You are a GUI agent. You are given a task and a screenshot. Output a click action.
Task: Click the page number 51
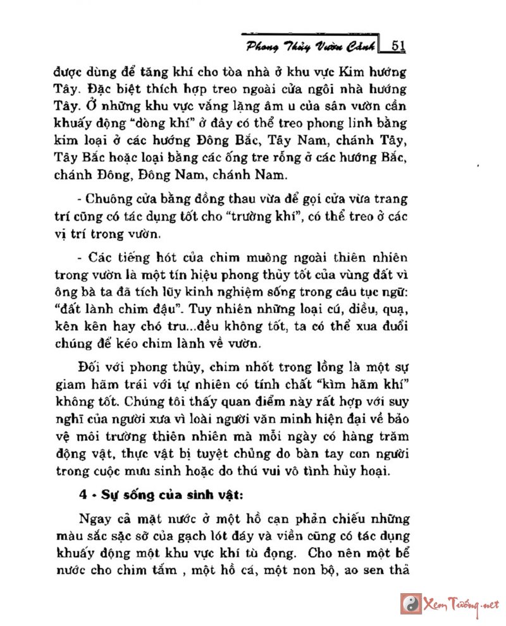point(398,45)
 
